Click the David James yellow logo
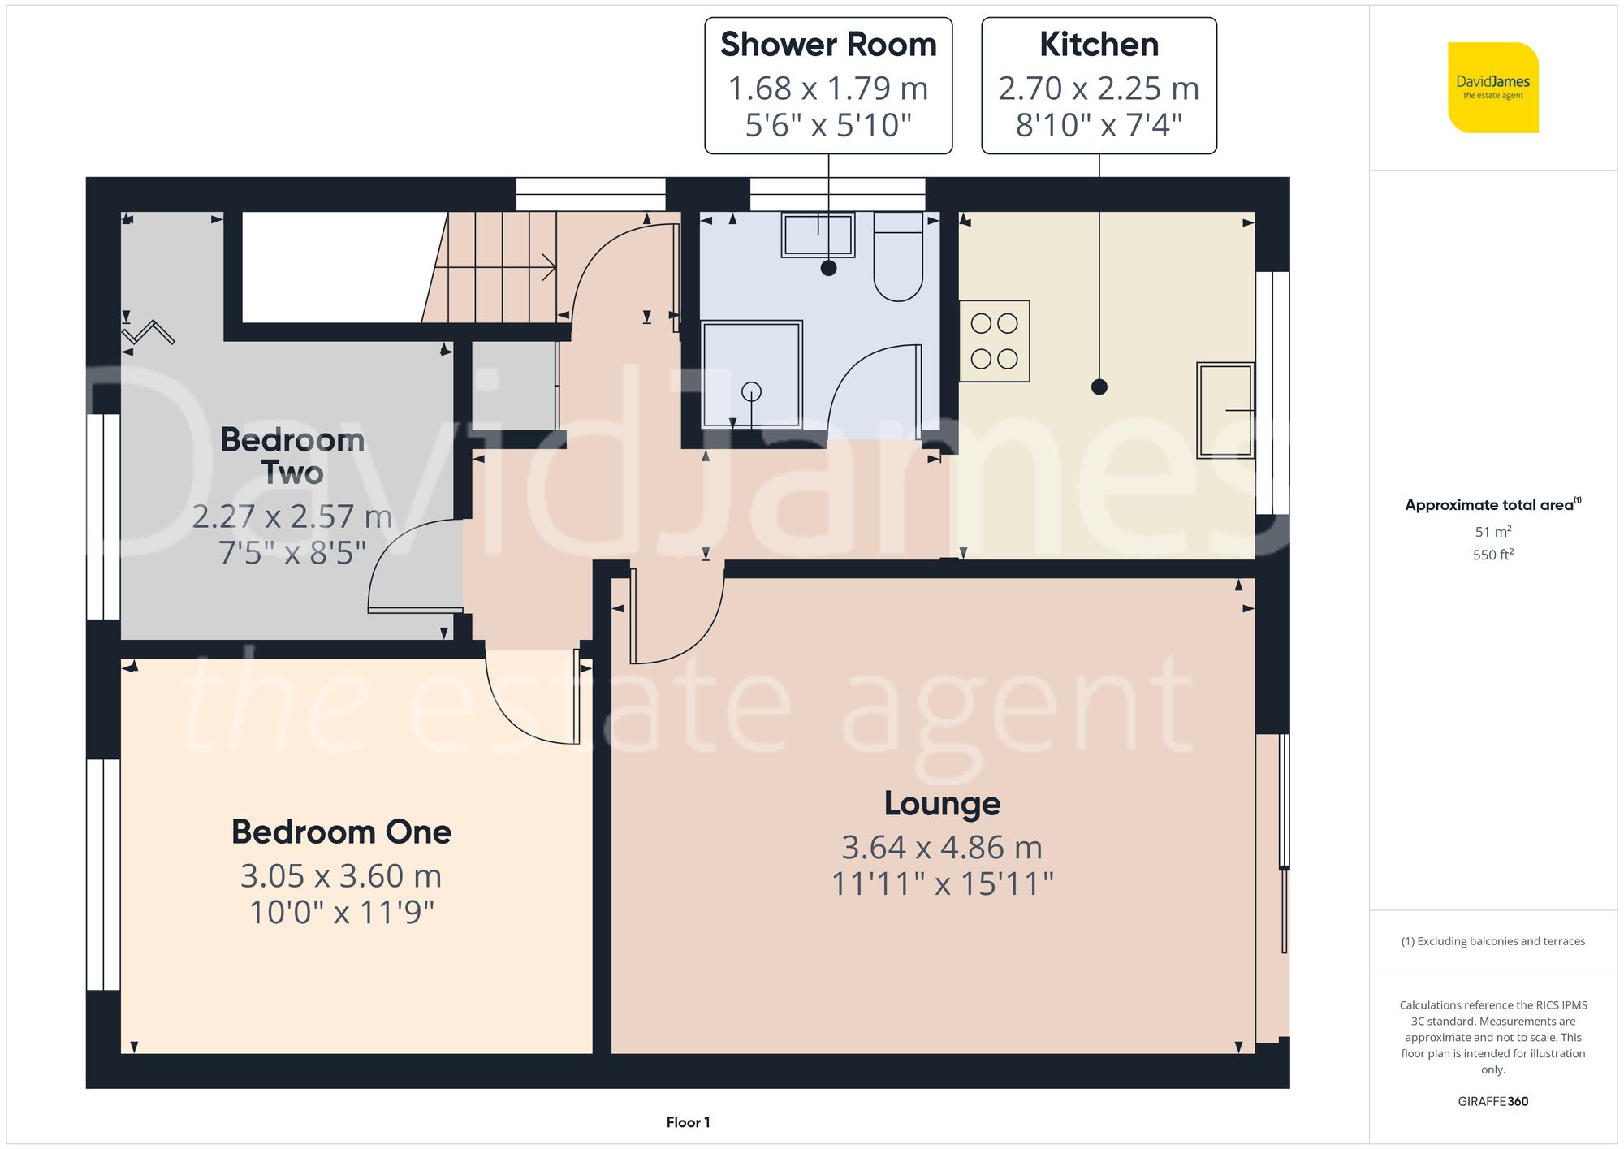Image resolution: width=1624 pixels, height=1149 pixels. [x=1492, y=88]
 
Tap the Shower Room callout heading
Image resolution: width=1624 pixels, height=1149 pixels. [x=828, y=45]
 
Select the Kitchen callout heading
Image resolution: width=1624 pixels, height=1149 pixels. [x=1099, y=45]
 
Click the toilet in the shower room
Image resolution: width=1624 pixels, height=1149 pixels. [x=898, y=258]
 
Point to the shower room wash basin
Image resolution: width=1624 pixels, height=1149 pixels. [x=818, y=235]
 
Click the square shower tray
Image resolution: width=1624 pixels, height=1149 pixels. [x=752, y=374]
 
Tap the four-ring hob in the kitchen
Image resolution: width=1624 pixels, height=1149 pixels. [x=994, y=341]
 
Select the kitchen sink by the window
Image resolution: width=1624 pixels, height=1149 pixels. [x=1225, y=410]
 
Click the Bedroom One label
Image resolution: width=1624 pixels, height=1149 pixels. [x=341, y=832]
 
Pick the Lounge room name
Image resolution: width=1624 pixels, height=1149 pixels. [x=942, y=804]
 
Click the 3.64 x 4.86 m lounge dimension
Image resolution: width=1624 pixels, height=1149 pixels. [x=942, y=848]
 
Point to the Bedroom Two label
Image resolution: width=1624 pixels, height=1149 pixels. [x=292, y=456]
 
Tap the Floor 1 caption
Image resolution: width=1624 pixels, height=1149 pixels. [x=688, y=1122]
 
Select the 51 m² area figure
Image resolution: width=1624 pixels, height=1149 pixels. [x=1492, y=532]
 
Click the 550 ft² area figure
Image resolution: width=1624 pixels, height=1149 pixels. [x=1492, y=555]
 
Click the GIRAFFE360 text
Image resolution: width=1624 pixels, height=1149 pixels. [x=1492, y=1101]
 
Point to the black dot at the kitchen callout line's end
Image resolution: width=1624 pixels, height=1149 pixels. [x=1099, y=387]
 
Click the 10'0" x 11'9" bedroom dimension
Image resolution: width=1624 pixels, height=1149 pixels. [x=341, y=913]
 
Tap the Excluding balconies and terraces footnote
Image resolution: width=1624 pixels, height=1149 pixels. [x=1492, y=941]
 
